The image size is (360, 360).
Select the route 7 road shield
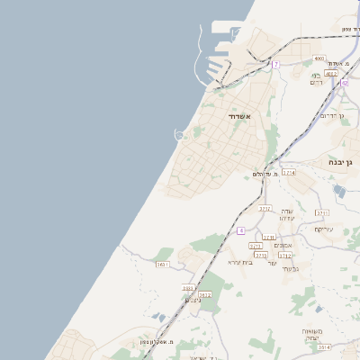(x=275, y=65)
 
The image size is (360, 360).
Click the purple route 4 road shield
(x=240, y=231)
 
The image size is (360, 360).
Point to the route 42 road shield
(x=345, y=83)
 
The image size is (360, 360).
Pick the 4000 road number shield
(x=319, y=58)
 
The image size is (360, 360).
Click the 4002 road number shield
(x=331, y=74)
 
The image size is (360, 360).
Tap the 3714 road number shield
(x=288, y=172)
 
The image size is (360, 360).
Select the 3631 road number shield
(x=163, y=265)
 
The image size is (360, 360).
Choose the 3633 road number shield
(x=188, y=288)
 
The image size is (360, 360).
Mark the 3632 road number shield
(x=204, y=294)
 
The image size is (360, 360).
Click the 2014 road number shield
(x=324, y=346)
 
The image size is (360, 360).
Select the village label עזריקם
(x=323, y=229)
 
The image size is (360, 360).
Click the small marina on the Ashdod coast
(x=180, y=135)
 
